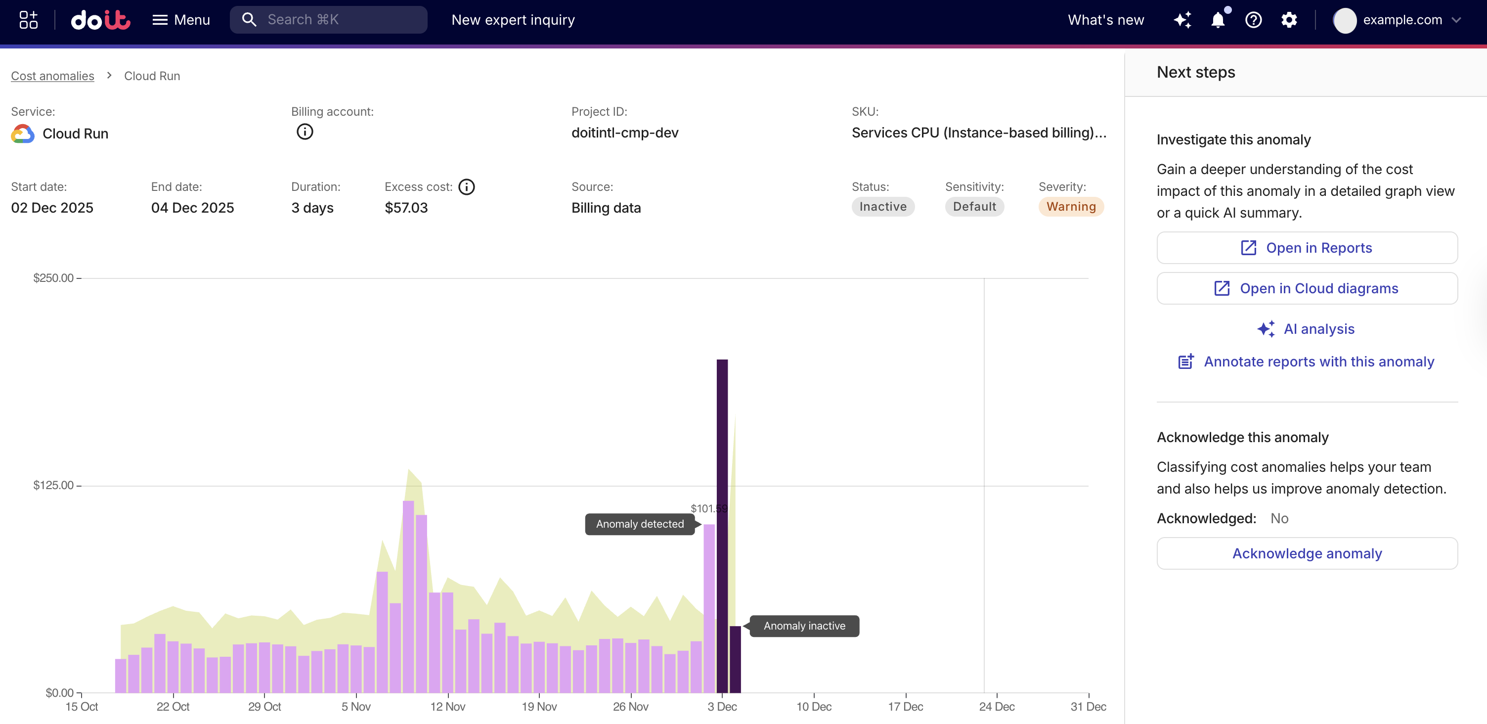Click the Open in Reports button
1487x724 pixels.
pos(1307,248)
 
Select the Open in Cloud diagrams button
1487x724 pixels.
pos(1307,288)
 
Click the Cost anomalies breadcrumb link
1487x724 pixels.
pos(52,76)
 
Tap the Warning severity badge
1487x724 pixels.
pos(1070,207)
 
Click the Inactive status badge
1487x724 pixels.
pos(882,207)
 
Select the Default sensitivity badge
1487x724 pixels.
pos(974,207)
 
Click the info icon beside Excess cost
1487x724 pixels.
pos(467,187)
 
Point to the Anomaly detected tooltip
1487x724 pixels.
pos(640,524)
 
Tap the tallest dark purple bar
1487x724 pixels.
pos(722,520)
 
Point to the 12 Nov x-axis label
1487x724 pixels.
pos(447,706)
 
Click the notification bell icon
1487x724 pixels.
pos(1218,20)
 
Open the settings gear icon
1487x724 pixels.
pos(1288,20)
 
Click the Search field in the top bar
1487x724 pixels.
pos(329,20)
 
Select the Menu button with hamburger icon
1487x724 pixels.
pos(180,20)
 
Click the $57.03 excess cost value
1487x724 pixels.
pos(406,208)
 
